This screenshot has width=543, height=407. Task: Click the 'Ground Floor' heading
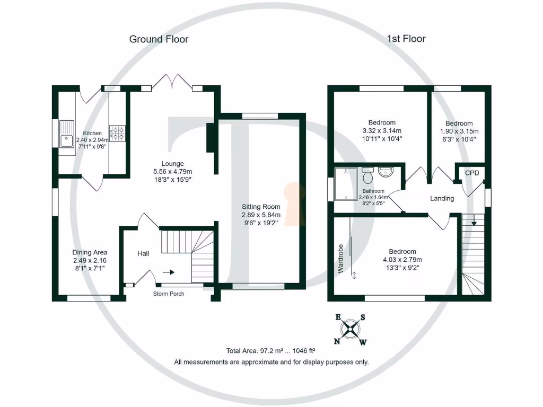coord(159,39)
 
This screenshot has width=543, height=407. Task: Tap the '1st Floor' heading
coord(406,39)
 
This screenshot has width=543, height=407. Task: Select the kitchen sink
coord(66,140)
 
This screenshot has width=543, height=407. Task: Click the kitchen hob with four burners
coord(117,132)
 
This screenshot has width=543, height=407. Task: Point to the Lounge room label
coord(173,164)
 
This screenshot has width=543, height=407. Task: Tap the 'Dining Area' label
coord(90,253)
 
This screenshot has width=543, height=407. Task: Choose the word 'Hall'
coord(143,254)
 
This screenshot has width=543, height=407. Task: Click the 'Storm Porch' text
coord(169,294)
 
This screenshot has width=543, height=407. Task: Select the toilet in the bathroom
coord(367,173)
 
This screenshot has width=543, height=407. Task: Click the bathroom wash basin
coord(386,172)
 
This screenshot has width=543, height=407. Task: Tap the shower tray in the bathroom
coord(346,183)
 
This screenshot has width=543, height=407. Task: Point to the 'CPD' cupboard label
coord(472,173)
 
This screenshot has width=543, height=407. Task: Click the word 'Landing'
coord(442,199)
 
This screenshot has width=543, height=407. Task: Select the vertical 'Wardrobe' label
coord(341,258)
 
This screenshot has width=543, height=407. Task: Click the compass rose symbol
coord(350,330)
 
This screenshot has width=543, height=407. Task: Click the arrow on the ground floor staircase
coord(168,272)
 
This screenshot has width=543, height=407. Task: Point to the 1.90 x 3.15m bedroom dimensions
coord(459,131)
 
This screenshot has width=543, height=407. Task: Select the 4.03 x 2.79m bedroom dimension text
coord(402,260)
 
